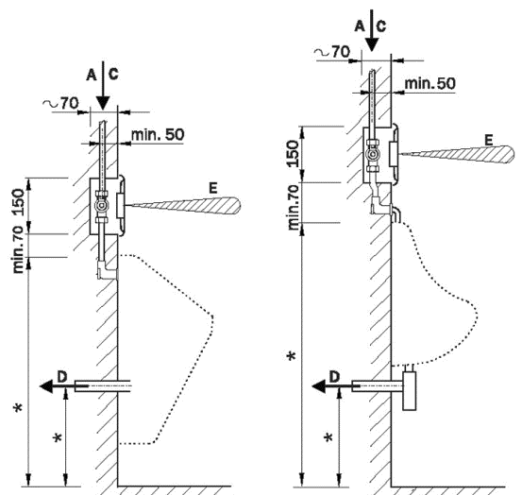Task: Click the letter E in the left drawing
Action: coord(213,188)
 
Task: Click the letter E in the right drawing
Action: coord(489,140)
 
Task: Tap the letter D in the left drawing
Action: coord(62,377)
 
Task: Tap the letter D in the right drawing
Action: coord(334,377)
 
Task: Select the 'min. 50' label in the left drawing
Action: coord(158,134)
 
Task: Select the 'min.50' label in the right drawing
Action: coord(429,83)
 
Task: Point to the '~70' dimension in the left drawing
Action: coord(60,104)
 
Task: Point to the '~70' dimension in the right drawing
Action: coord(332,52)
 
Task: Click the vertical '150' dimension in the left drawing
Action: coord(19,202)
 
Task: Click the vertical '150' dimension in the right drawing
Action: coord(293,154)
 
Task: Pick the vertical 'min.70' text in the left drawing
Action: coord(19,249)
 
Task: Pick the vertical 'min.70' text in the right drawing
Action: coord(294,207)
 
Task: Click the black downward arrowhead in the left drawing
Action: coord(103,103)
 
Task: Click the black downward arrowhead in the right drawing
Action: coord(372,44)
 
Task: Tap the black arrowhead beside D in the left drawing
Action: coord(46,386)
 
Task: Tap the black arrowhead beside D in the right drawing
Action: coord(319,386)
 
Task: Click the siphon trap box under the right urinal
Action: coord(410,390)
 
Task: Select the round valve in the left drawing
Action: coord(101,206)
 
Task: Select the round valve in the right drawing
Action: coord(373,155)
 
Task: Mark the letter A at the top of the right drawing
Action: coord(360,26)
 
